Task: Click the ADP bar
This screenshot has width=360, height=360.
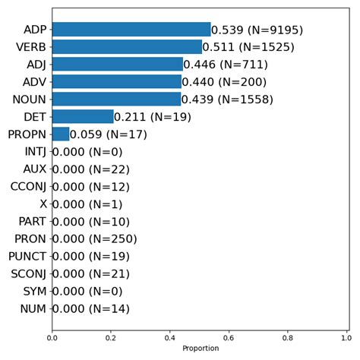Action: coord(131,30)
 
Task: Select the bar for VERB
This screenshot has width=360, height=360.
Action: coord(127,47)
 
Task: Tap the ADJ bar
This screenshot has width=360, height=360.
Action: coord(117,65)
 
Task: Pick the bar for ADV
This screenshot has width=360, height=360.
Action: coord(116,82)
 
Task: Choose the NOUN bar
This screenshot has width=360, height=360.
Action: coord(116,99)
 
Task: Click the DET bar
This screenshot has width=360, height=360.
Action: coord(83,117)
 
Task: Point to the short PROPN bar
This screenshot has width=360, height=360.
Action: coord(61,134)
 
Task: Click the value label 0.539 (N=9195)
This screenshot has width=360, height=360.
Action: coord(257,30)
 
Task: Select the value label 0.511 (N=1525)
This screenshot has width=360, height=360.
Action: coord(248,48)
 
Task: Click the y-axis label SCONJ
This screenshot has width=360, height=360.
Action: coord(28,274)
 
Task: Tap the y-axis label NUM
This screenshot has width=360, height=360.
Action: coord(33,309)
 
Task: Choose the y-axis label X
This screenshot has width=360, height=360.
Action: coord(43,204)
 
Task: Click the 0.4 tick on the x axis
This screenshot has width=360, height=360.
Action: coord(169,336)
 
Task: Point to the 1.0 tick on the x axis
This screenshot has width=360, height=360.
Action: coord(346,336)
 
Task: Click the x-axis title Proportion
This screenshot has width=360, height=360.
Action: coord(199,349)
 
